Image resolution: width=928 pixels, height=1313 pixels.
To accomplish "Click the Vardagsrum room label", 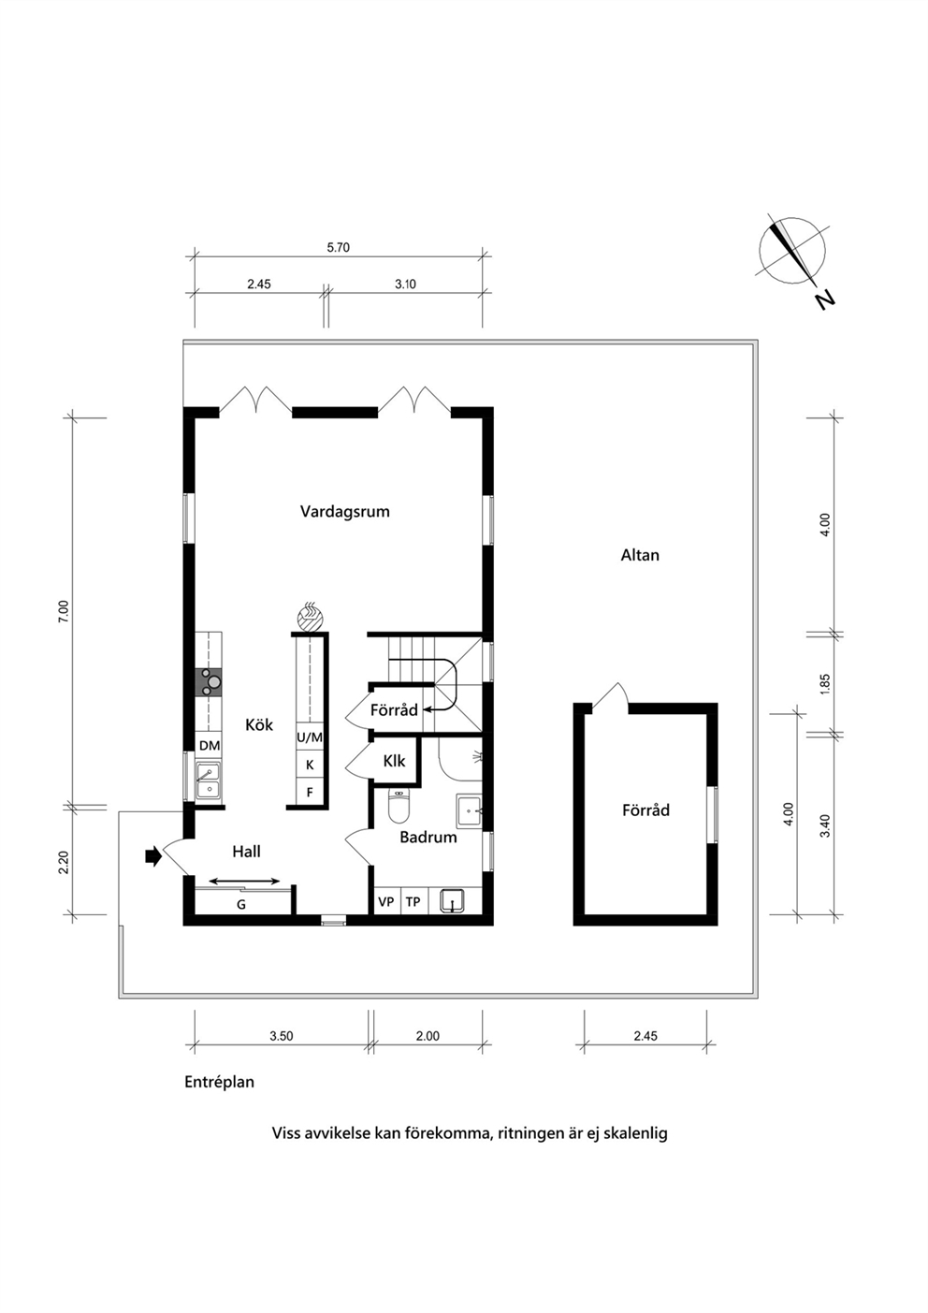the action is (344, 512).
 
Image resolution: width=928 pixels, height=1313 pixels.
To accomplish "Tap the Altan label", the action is (640, 555).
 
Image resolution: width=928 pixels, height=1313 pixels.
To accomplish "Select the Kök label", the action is (259, 725).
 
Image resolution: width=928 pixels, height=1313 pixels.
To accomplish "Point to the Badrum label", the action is (428, 837).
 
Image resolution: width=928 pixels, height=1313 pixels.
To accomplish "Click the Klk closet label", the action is (394, 761).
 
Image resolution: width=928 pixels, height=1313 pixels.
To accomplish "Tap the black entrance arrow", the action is (153, 856).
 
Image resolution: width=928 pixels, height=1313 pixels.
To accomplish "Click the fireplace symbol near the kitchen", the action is (310, 616).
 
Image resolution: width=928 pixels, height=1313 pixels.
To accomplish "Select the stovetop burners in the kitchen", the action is (209, 682).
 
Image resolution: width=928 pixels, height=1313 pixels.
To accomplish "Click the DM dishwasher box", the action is (210, 746).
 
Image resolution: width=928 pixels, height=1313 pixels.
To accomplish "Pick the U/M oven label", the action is (310, 737).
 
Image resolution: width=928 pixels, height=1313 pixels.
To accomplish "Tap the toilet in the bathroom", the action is (399, 807).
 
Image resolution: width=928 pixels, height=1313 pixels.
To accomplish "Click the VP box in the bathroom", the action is (386, 901).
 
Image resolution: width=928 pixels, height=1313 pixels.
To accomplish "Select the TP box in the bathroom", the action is (413, 901).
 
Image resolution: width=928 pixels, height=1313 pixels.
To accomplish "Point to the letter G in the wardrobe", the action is (240, 904).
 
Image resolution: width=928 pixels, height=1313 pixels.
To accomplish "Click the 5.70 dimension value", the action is (338, 247).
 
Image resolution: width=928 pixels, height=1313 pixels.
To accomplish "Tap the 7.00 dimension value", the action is (64, 611).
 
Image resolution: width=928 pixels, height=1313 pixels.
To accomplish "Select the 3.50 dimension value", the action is (282, 1036).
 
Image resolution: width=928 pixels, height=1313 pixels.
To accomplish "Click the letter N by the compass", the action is (824, 300).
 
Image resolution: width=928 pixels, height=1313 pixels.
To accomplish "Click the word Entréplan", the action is (220, 1082).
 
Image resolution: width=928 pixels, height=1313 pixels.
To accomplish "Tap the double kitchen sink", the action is (208, 781).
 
